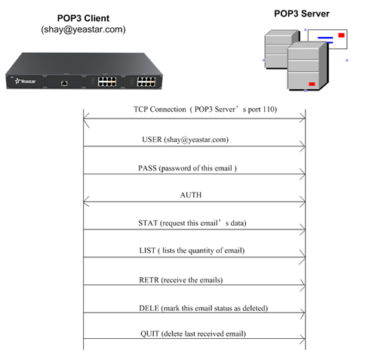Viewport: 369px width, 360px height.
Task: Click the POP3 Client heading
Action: (83, 18)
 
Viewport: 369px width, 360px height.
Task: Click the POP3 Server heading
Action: (302, 14)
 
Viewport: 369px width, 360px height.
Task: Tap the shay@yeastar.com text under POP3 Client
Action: (83, 29)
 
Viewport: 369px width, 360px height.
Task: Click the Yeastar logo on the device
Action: (25, 82)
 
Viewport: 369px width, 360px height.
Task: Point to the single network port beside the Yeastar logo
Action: (64, 83)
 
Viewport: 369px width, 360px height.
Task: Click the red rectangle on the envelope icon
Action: (341, 35)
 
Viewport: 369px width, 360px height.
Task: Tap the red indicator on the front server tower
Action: (312, 84)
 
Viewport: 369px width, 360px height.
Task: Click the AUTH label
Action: (191, 195)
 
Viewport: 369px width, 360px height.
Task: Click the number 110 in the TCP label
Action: (268, 109)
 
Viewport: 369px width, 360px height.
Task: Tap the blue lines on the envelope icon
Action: (325, 40)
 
